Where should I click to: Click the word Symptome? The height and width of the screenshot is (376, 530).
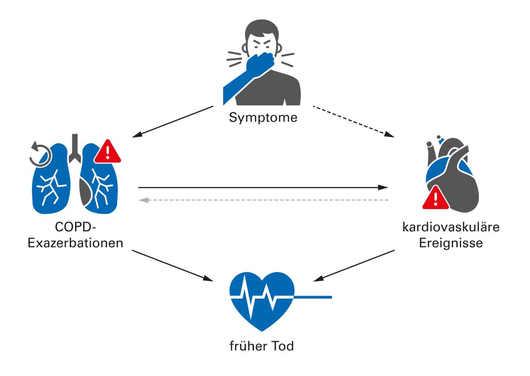click(263, 118)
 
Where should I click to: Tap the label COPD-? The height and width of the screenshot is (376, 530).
click(76, 227)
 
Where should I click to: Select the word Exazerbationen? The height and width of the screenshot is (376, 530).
click(76, 243)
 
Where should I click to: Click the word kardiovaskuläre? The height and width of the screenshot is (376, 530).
click(450, 227)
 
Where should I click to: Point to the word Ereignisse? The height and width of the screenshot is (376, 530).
click(450, 243)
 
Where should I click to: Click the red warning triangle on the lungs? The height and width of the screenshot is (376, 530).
click(108, 152)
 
